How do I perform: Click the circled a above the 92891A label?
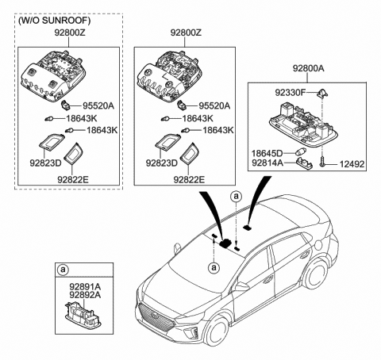[63, 270]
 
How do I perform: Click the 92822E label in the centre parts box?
[190, 179]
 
